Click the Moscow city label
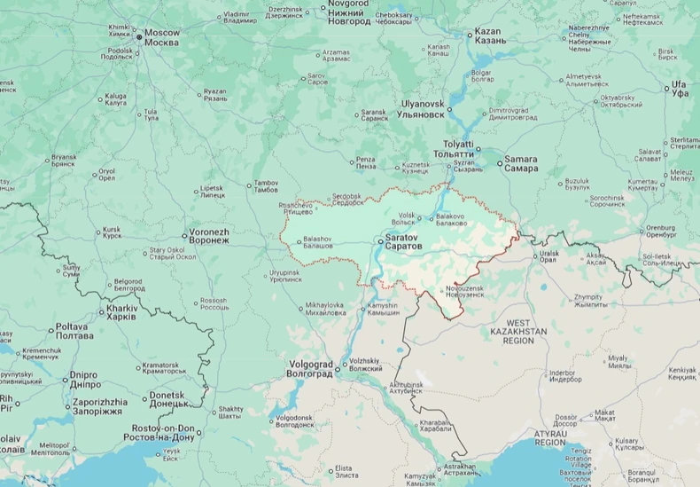[x=162, y=37]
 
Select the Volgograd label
[x=309, y=368]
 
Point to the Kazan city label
[x=491, y=36]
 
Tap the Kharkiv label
[x=121, y=312]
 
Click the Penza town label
[x=366, y=163]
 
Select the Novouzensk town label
[x=465, y=291]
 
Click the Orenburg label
[x=661, y=232]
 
